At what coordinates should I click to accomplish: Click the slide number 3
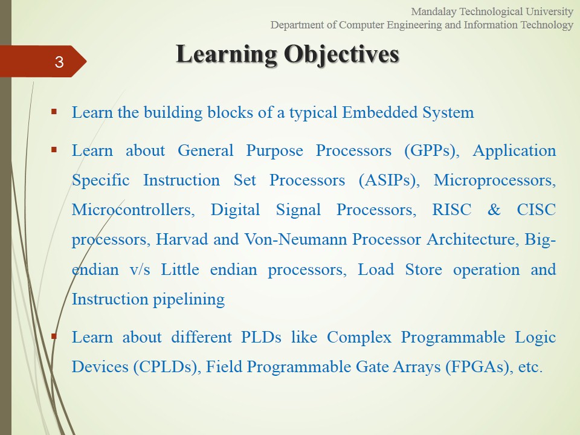pos(59,62)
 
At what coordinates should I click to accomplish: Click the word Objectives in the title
pos(342,54)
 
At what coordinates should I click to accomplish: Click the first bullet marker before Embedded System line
pos(54,111)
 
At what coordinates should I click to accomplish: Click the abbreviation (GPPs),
pos(431,151)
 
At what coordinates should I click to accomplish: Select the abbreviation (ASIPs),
pos(389,181)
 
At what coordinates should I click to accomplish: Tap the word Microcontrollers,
pos(133,210)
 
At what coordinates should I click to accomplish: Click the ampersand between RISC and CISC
pos(494,210)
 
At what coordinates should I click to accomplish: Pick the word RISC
pos(452,210)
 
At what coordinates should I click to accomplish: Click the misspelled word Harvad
pos(182,239)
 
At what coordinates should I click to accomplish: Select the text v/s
pos(140,269)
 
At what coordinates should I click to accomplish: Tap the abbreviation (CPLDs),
pos(167,367)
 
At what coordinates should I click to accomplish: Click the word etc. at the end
pos(530,367)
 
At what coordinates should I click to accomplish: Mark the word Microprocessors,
pos(495,181)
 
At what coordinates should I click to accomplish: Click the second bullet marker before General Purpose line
pos(54,150)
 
